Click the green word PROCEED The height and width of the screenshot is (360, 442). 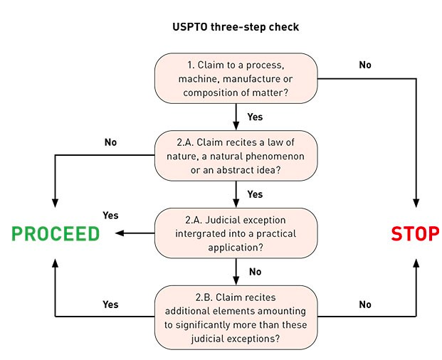[55, 233]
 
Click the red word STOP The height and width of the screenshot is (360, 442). [415, 233]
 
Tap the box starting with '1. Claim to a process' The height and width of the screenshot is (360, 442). [236, 78]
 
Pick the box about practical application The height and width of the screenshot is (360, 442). [236, 233]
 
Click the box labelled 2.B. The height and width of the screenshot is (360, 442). [236, 317]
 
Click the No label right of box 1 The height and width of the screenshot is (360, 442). [364, 65]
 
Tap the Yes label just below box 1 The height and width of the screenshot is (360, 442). [254, 117]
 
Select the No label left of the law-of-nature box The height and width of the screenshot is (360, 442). [110, 142]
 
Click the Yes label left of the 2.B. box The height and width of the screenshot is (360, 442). [110, 304]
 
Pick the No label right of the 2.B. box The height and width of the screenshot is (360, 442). [364, 304]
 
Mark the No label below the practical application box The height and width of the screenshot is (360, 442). [255, 272]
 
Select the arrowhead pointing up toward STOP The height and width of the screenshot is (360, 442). [415, 263]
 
